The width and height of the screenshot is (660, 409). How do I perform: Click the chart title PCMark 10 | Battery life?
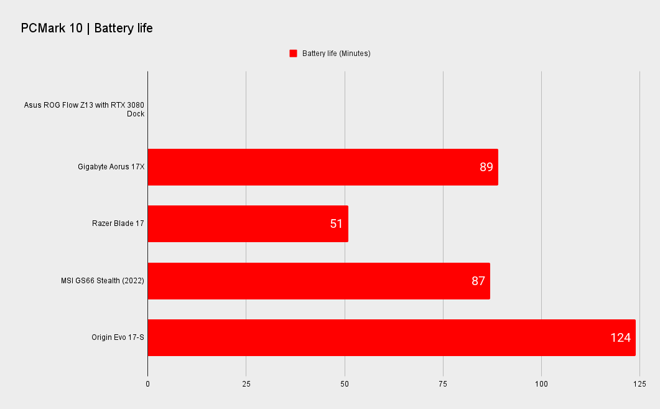click(x=86, y=28)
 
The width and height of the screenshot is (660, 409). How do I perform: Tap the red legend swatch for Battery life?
click(x=294, y=54)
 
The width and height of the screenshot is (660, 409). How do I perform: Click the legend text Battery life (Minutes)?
click(x=337, y=54)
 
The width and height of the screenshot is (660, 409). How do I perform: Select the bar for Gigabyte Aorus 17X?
click(x=323, y=167)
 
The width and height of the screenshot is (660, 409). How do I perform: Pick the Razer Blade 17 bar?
click(x=248, y=223)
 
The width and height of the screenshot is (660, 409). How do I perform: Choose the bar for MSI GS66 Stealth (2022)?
click(x=319, y=281)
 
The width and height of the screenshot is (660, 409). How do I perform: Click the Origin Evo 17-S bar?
click(x=392, y=338)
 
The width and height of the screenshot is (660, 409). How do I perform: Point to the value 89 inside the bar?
click(x=486, y=167)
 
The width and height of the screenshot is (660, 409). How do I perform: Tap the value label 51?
click(x=337, y=223)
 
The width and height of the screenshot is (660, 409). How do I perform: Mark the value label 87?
click(x=478, y=281)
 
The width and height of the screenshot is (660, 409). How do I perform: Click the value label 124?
click(x=620, y=338)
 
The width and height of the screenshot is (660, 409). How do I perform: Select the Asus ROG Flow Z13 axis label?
click(x=84, y=109)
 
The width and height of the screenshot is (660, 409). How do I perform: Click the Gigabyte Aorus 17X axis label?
click(x=111, y=167)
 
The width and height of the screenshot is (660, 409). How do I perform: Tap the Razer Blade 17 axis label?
click(x=118, y=223)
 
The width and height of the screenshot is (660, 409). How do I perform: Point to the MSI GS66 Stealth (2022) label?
click(x=103, y=281)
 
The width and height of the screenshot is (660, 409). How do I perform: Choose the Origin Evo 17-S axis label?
click(x=118, y=337)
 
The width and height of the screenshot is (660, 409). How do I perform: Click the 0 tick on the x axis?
click(x=148, y=384)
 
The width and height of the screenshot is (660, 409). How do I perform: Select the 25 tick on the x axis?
click(x=246, y=384)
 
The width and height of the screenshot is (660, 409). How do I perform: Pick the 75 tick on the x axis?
click(x=443, y=384)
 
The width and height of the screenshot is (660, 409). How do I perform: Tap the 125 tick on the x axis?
click(x=639, y=384)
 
